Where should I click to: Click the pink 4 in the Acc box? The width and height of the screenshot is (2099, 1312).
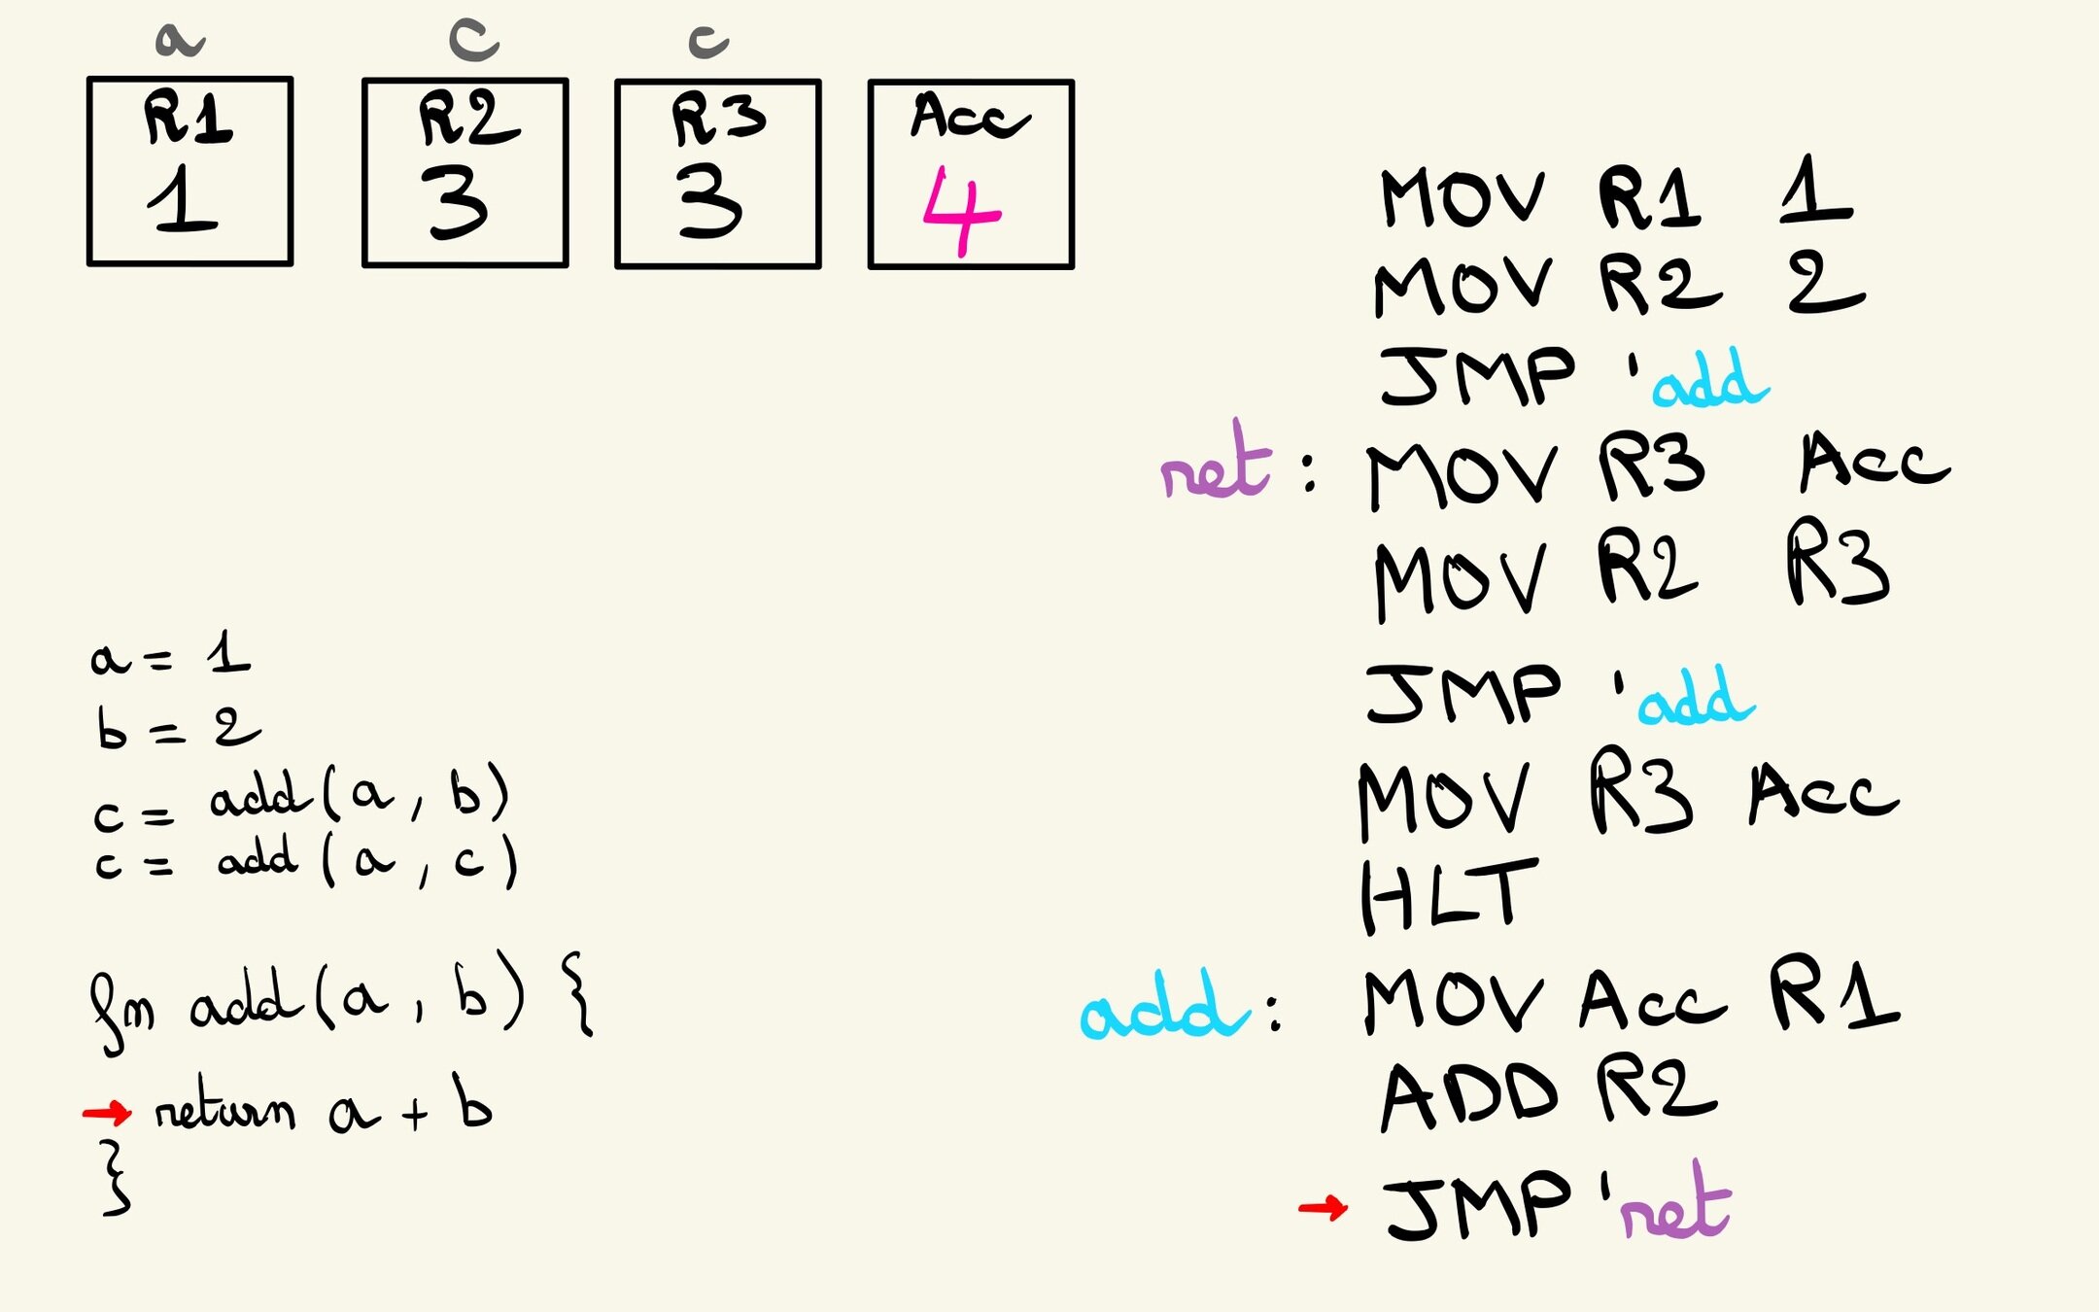(960, 212)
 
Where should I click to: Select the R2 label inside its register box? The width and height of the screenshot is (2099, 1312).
(468, 119)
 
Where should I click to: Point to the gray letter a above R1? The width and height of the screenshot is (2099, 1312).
(179, 41)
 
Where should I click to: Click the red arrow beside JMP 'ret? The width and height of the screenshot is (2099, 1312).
(1324, 1208)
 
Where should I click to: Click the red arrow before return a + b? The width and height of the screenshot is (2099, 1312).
(107, 1112)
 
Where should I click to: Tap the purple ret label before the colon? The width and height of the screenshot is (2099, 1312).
(1216, 466)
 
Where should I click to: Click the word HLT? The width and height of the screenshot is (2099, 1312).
(1448, 896)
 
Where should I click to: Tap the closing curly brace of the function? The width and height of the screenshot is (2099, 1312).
(116, 1179)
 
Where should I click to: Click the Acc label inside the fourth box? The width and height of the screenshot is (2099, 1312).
(969, 117)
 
